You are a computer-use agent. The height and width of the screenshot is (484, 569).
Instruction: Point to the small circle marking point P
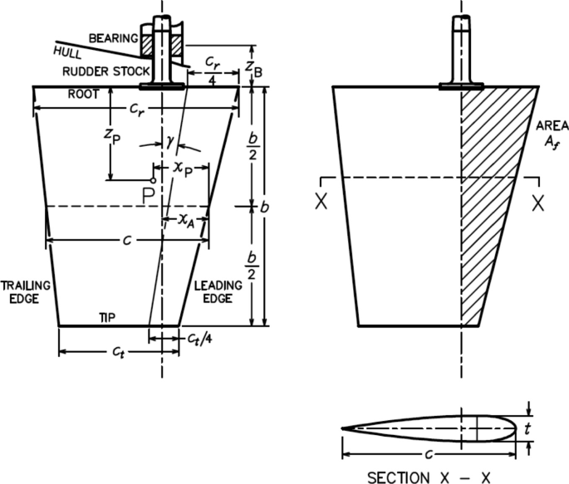[153, 179]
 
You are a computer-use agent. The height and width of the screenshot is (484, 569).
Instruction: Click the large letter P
[147, 197]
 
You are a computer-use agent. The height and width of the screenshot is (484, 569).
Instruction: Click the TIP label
[107, 318]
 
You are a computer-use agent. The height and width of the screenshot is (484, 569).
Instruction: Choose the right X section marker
[538, 202]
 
